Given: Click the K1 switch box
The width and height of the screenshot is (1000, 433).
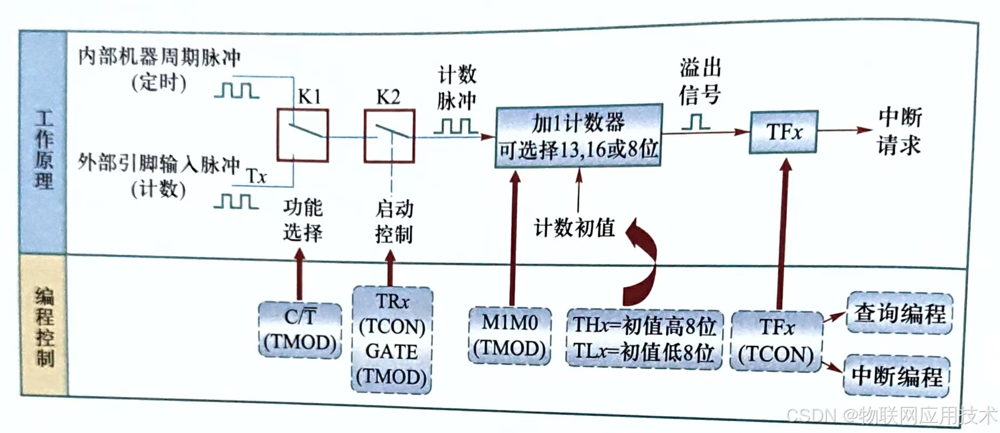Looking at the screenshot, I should (302, 135).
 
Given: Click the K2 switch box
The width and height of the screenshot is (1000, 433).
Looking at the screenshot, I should (389, 135).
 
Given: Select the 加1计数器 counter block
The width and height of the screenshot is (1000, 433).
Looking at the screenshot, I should (578, 135).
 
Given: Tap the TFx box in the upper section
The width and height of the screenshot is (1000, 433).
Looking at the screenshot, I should (783, 132).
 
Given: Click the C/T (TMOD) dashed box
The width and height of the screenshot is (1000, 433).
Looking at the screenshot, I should (300, 329).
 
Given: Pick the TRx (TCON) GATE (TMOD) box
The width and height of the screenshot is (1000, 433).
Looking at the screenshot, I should (392, 340).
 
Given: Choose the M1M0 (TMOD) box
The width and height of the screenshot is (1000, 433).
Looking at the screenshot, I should (509, 335).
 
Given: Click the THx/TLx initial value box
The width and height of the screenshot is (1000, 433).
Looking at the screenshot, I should (644, 339).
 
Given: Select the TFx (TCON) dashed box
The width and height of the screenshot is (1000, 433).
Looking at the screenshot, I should (776, 341).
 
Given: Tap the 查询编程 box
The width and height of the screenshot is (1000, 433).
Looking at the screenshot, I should (899, 313).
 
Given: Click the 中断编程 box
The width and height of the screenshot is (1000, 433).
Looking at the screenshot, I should (896, 376).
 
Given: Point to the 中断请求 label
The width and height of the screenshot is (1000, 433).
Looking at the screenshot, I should (899, 131).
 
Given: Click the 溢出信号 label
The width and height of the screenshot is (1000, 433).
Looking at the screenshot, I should (700, 82).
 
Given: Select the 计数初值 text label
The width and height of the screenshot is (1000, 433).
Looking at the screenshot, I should (574, 228).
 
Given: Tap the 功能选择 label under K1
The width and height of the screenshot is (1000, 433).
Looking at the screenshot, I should (303, 220).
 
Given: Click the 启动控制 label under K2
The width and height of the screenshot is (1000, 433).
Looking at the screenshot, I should (394, 221).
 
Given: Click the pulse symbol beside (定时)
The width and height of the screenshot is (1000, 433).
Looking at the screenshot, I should (237, 90).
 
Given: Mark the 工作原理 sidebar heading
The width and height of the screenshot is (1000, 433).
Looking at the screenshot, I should (44, 149).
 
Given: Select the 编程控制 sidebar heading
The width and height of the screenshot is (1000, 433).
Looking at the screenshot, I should (44, 326).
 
